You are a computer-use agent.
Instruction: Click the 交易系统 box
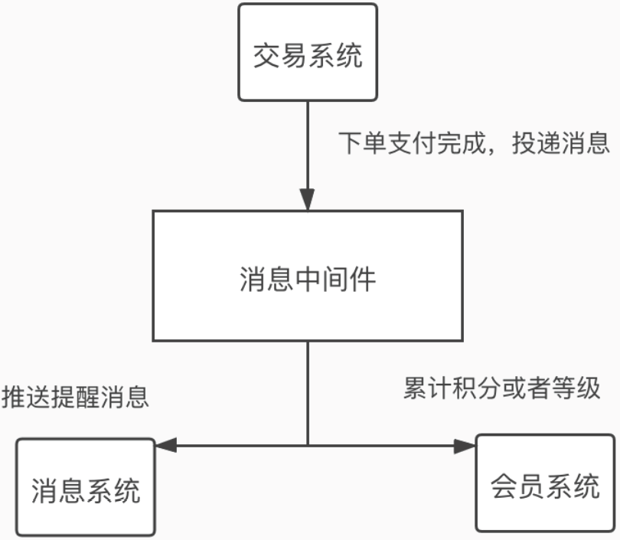[x=308, y=53]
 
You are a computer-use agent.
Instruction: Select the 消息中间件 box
[x=308, y=276]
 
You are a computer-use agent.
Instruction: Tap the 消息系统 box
[x=86, y=487]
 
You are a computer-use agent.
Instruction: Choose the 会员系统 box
[x=545, y=483]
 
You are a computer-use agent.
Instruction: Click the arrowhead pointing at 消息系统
[x=165, y=445]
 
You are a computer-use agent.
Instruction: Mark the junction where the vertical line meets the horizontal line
[x=308, y=445]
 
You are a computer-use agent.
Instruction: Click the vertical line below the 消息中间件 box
[x=308, y=391]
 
